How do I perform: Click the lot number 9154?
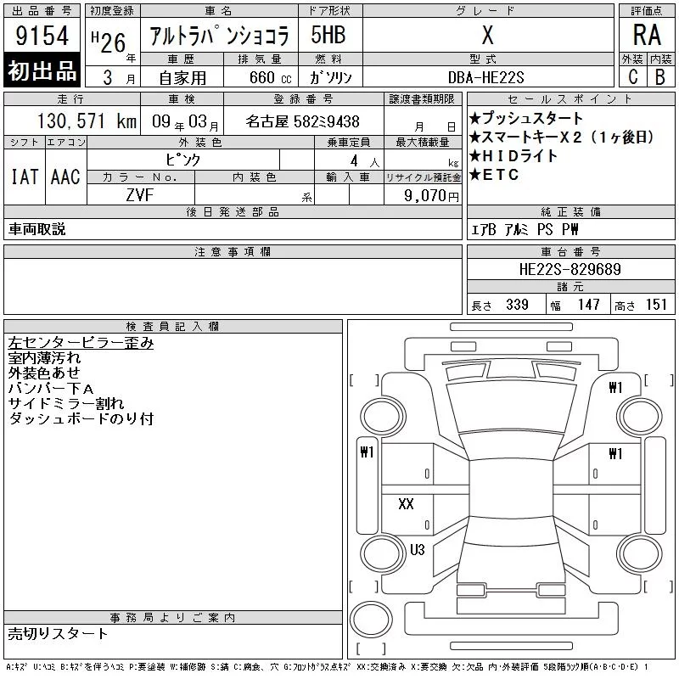(x=42, y=35)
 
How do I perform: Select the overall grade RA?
(x=647, y=35)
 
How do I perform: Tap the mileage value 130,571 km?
(x=87, y=121)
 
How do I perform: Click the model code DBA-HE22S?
(x=485, y=77)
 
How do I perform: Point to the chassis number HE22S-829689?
(x=570, y=269)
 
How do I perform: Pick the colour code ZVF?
(x=140, y=195)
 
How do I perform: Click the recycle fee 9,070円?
(x=431, y=195)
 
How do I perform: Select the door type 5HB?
(x=328, y=35)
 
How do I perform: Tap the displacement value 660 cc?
(x=270, y=77)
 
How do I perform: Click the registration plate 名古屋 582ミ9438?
(x=302, y=121)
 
